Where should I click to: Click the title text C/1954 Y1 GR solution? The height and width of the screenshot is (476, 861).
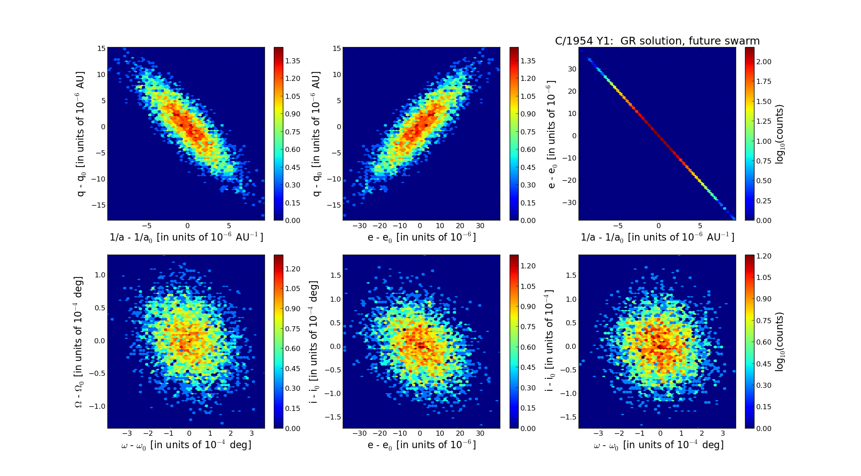[657, 41]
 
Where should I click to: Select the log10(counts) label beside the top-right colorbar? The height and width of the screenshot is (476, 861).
[780, 134]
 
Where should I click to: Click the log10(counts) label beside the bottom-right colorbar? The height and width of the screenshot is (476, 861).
[780, 342]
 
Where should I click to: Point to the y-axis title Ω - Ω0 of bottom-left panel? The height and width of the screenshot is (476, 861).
[79, 342]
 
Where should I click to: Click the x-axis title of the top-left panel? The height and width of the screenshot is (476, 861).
[186, 237]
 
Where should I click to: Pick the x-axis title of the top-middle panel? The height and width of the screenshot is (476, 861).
[422, 237]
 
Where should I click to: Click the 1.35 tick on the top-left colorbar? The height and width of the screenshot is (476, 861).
[293, 61]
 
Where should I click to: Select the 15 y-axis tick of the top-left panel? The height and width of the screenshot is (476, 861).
[101, 48]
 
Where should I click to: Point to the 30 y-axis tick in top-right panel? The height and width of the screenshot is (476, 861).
[572, 69]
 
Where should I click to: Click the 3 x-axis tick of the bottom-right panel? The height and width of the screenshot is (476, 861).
[723, 434]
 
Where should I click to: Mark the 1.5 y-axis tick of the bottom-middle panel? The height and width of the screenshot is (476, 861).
[335, 275]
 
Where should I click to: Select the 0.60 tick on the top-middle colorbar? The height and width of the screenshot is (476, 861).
[528, 149]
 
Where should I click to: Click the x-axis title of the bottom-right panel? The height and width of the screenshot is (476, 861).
[658, 445]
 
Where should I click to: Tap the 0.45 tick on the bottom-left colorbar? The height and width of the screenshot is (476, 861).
[293, 369]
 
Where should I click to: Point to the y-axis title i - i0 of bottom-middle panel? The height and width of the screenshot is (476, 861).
[314, 342]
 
